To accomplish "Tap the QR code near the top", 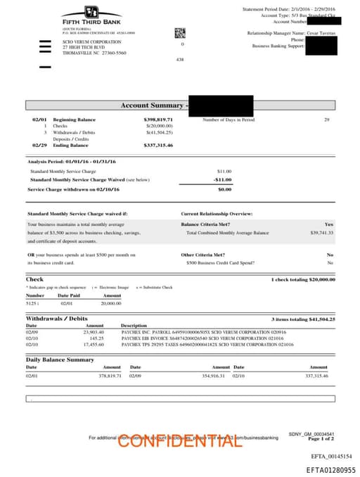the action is tap(179, 32).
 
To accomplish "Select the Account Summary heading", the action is tap(152, 106).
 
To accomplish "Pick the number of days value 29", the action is tap(326, 120).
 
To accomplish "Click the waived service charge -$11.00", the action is tap(223, 179).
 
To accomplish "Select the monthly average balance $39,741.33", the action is tap(321, 232).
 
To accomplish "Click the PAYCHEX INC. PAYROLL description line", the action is tap(207, 331).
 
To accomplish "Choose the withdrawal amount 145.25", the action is tap(94, 338).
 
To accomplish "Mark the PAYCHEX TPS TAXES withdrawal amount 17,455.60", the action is tap(94, 345).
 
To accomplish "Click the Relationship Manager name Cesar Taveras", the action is tap(321, 33).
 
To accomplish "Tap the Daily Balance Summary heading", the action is tap(60, 360).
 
